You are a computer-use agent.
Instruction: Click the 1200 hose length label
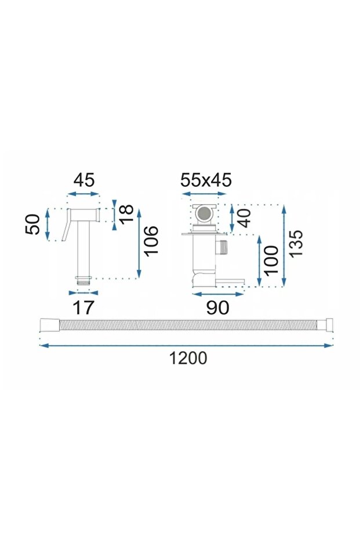[188, 358]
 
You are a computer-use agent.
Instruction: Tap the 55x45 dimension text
[206, 180]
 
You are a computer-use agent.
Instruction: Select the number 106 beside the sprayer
[151, 240]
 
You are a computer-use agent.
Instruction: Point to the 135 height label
[296, 243]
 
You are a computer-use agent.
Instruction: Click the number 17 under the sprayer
[83, 307]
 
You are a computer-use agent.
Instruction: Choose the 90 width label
[217, 307]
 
